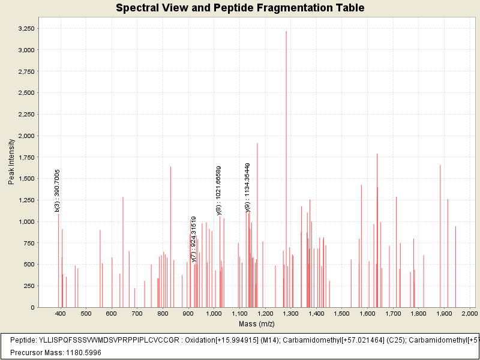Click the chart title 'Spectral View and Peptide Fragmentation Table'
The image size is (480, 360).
[240, 8]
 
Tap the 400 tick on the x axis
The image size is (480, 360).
[60, 314]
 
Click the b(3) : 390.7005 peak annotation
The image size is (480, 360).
[57, 190]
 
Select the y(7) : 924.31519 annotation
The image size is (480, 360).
[193, 239]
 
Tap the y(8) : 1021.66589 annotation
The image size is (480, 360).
[218, 190]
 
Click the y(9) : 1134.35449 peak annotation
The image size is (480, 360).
[247, 187]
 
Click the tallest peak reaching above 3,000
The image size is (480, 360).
[286, 168]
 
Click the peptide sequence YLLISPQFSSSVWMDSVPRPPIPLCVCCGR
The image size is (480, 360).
[110, 340]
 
